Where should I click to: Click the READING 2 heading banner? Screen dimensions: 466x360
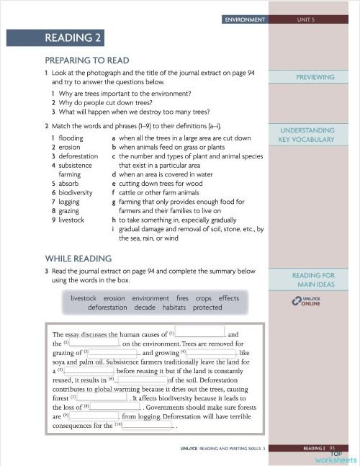[x=73, y=38]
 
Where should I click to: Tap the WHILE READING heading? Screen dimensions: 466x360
[x=78, y=258]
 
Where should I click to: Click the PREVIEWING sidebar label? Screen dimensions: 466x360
[x=315, y=77]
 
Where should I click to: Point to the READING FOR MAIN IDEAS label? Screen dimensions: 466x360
[x=315, y=279]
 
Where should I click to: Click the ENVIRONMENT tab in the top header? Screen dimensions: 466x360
[x=244, y=19]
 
